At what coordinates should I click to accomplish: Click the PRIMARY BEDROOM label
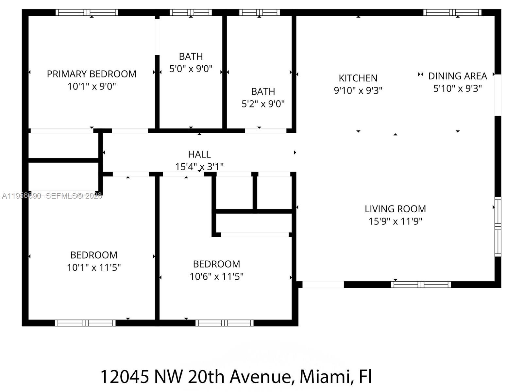tap(92, 74)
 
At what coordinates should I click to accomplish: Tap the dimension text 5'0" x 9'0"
tap(191, 69)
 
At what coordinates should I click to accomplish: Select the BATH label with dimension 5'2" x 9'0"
tap(263, 91)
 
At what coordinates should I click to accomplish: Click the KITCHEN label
tap(358, 78)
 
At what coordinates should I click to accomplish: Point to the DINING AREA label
tap(457, 76)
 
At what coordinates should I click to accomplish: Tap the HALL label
tap(199, 154)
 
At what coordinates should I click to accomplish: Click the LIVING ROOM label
tap(395, 209)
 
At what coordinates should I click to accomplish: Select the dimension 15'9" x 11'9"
tap(395, 221)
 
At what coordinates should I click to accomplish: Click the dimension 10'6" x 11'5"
tap(216, 277)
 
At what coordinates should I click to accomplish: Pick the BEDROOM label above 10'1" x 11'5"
tap(94, 255)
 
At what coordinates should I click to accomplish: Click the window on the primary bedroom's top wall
tap(87, 12)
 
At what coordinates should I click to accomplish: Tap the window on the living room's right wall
tap(498, 226)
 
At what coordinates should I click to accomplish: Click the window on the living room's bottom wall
tap(421, 285)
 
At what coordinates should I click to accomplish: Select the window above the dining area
tap(452, 12)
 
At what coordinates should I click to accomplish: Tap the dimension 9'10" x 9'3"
tap(358, 90)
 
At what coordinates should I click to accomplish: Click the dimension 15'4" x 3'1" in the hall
tap(199, 167)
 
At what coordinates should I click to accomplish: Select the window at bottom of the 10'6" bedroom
tap(225, 323)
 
